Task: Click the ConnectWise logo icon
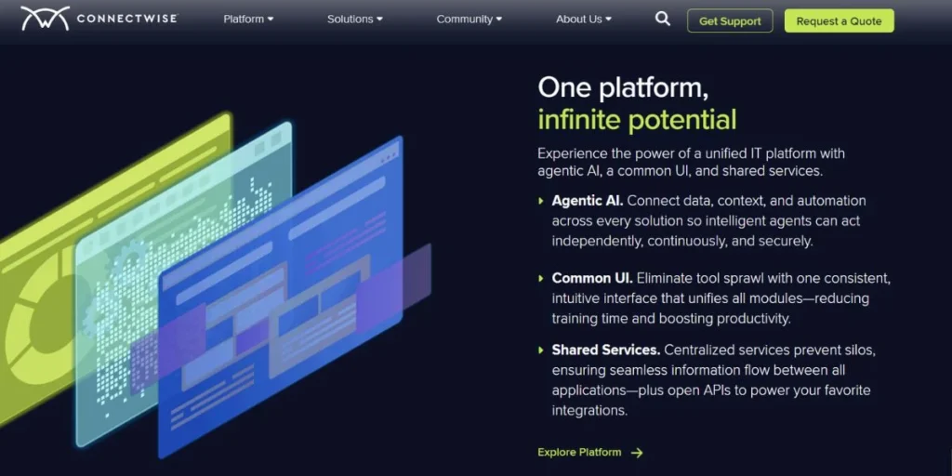pyautogui.click(x=45, y=19)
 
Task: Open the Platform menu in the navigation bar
pyautogui.click(x=248, y=20)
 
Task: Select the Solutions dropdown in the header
pyautogui.click(x=354, y=20)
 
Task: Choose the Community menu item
pyautogui.click(x=469, y=20)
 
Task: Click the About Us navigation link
pyautogui.click(x=584, y=20)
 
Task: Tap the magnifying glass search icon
pyautogui.click(x=662, y=19)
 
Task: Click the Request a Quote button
pyautogui.click(x=840, y=20)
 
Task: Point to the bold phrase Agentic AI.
pyautogui.click(x=588, y=201)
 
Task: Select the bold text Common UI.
pyautogui.click(x=592, y=278)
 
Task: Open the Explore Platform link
pyautogui.click(x=579, y=453)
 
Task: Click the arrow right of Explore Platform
pyautogui.click(x=636, y=453)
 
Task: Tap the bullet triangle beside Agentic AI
pyautogui.click(x=541, y=201)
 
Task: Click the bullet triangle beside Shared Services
pyautogui.click(x=541, y=350)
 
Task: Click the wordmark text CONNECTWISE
pyautogui.click(x=126, y=19)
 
